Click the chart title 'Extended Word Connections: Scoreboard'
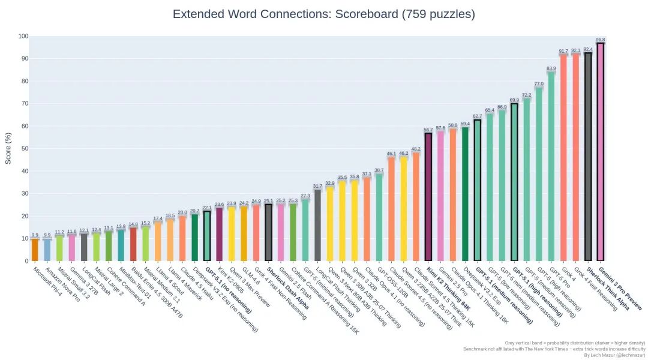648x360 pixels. pos(323,14)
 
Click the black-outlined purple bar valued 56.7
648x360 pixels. pos(428,197)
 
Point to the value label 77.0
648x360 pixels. pos(539,84)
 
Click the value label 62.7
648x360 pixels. pos(477,116)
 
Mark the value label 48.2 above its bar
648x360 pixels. pos(416,149)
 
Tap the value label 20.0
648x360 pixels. pos(182,212)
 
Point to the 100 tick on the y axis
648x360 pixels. pos(23,37)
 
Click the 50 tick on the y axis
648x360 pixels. pos(24,149)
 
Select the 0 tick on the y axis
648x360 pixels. pos(26,261)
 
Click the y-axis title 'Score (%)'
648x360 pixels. pos(8,148)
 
